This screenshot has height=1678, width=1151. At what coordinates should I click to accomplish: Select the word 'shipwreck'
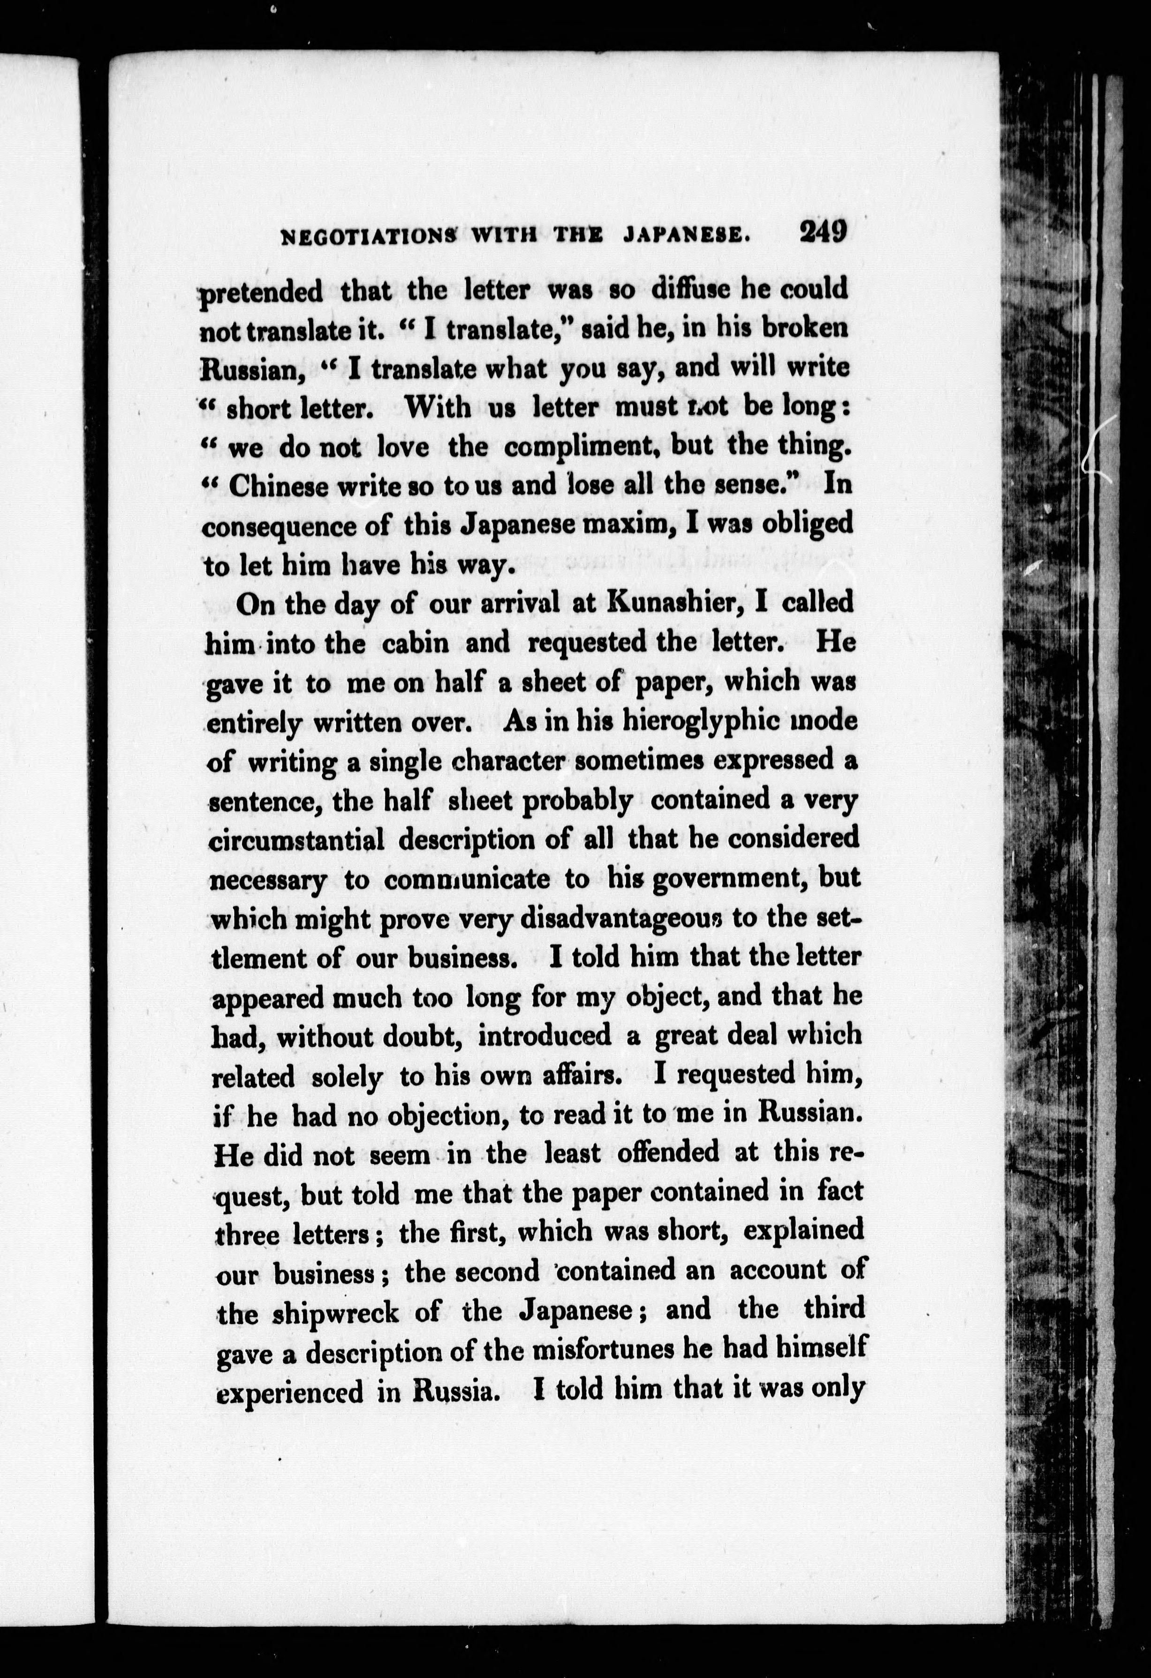(x=335, y=1311)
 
